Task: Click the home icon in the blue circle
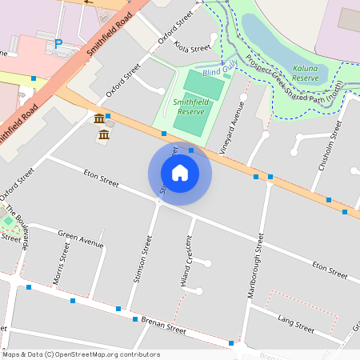pos(180,173)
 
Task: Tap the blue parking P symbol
pos(58,44)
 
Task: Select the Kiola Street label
pos(193,48)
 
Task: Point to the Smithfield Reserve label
pos(190,107)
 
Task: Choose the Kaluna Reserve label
pos(305,74)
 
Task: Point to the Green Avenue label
pos(80,238)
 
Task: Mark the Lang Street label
pos(296,323)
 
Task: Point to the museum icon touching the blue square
pos(99,118)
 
